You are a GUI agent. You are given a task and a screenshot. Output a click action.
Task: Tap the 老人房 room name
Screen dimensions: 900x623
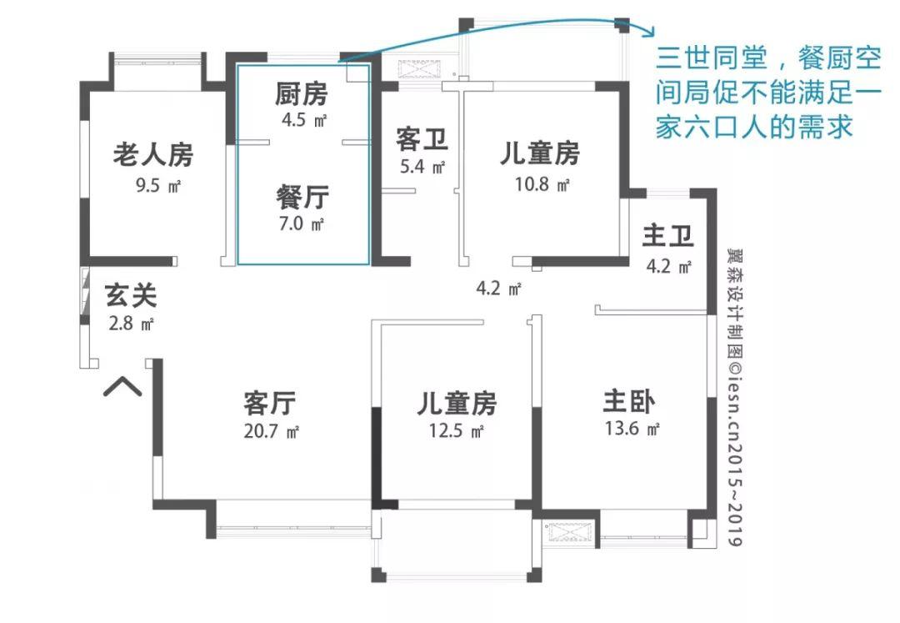click(x=153, y=155)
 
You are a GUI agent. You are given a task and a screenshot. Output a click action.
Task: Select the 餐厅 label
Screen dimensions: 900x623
click(x=302, y=197)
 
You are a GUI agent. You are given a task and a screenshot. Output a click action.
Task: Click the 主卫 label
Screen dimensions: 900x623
click(x=667, y=237)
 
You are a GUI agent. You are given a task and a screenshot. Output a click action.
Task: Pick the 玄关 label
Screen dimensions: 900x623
click(x=131, y=295)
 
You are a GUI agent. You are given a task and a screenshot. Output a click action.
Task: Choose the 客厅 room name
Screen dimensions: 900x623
click(x=270, y=404)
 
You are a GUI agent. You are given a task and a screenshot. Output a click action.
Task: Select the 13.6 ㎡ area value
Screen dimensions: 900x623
click(x=632, y=430)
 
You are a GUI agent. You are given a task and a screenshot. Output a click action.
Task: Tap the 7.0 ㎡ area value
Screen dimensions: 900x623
click(x=301, y=224)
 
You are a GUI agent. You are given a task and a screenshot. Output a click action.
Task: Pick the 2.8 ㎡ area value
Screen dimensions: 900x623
click(x=131, y=324)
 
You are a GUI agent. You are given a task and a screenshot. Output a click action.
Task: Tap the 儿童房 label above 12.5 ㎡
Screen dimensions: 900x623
click(x=457, y=404)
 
